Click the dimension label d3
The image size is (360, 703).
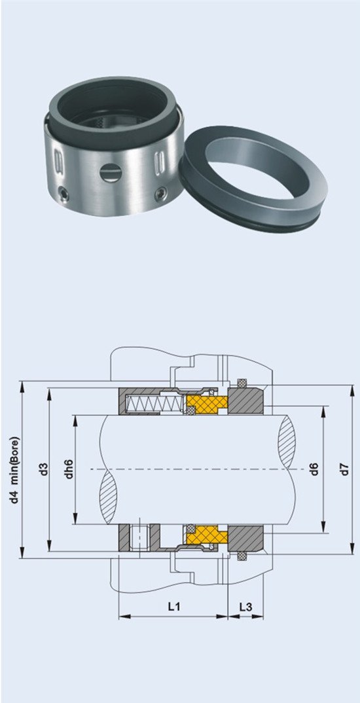pyautogui.click(x=44, y=469)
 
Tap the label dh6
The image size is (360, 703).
pyautogui.click(x=69, y=469)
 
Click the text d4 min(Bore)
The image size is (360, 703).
pyautogui.click(x=16, y=469)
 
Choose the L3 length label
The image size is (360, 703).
pyautogui.click(x=245, y=607)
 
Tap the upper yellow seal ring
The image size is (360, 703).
pyautogui.click(x=206, y=403)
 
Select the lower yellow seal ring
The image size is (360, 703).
pyautogui.click(x=206, y=534)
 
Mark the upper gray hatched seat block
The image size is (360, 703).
pyautogui.click(x=245, y=401)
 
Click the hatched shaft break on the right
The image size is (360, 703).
pyautogui.click(x=287, y=442)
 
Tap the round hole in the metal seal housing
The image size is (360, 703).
pyautogui.click(x=110, y=173)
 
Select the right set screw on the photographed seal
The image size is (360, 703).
pyautogui.click(x=160, y=194)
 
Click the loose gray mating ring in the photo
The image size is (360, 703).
pyautogui.click(x=253, y=179)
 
